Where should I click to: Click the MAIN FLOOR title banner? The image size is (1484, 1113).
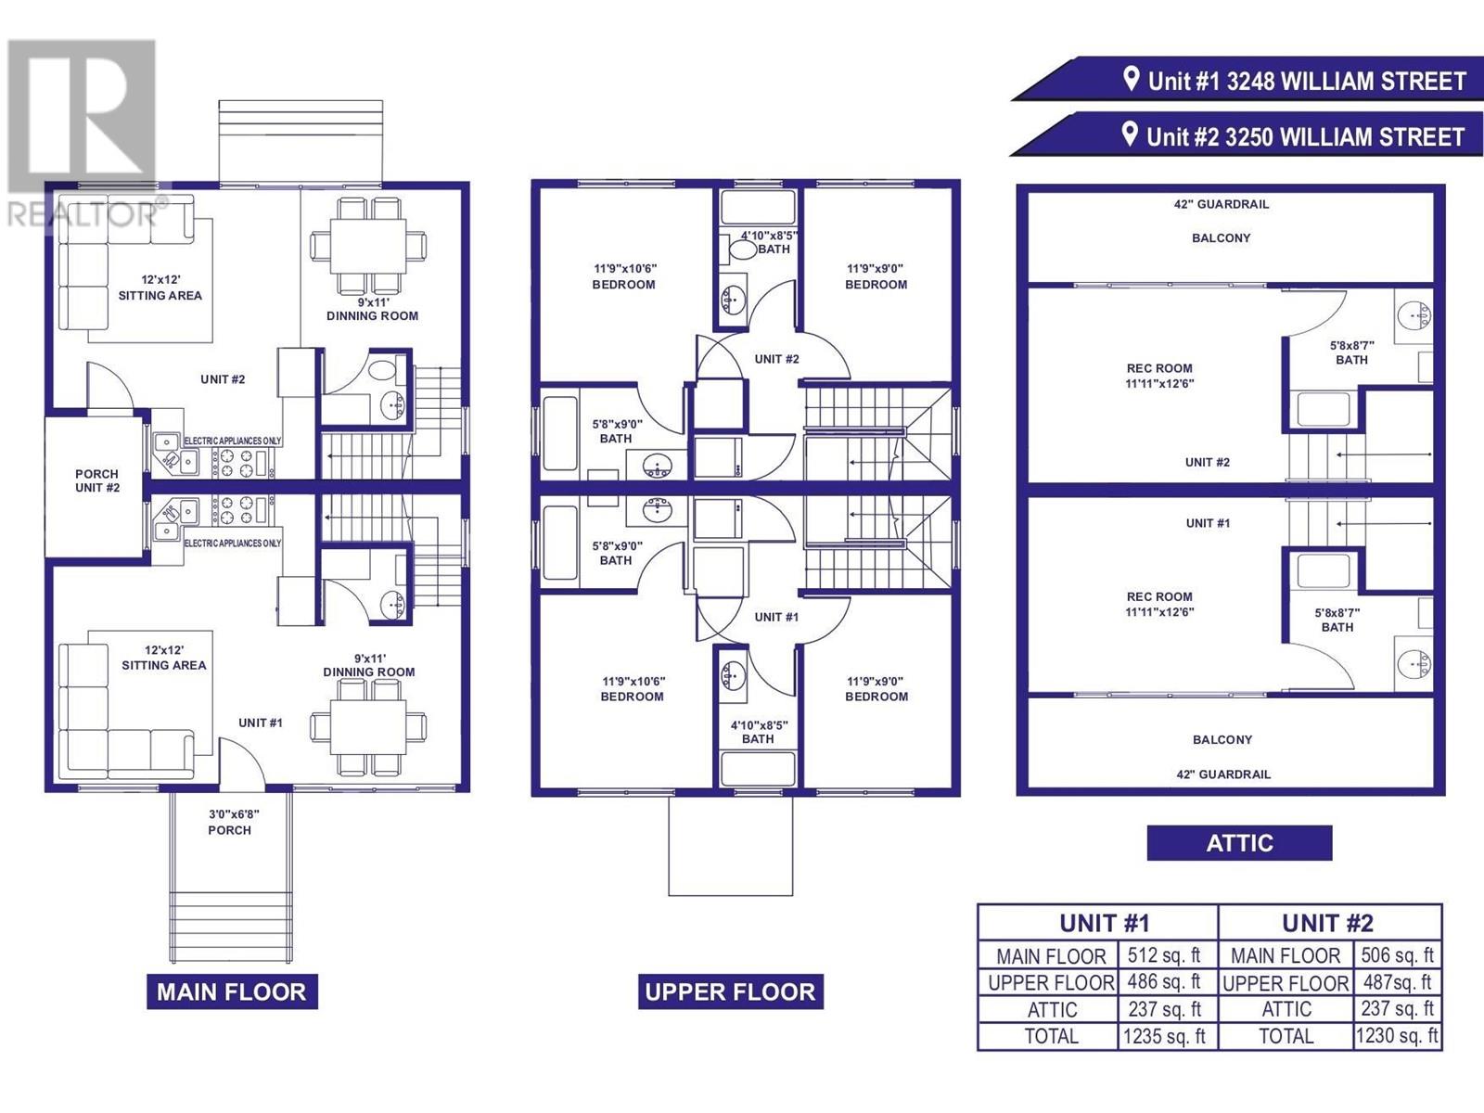232,991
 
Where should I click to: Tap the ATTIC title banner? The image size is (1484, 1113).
1239,843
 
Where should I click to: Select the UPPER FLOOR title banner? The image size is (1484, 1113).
730,991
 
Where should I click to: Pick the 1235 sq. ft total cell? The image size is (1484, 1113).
1165,1036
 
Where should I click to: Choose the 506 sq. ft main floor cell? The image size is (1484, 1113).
1397,955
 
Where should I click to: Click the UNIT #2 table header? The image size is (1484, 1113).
1328,923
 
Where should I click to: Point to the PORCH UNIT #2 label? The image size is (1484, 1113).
97,480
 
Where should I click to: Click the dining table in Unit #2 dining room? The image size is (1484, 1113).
368,246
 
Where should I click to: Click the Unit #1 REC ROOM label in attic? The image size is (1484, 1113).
1159,604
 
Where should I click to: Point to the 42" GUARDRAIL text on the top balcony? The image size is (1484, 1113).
1221,204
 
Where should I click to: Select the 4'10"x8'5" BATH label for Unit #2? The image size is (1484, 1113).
769,242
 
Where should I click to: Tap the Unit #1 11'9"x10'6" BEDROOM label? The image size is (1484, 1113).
632,688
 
